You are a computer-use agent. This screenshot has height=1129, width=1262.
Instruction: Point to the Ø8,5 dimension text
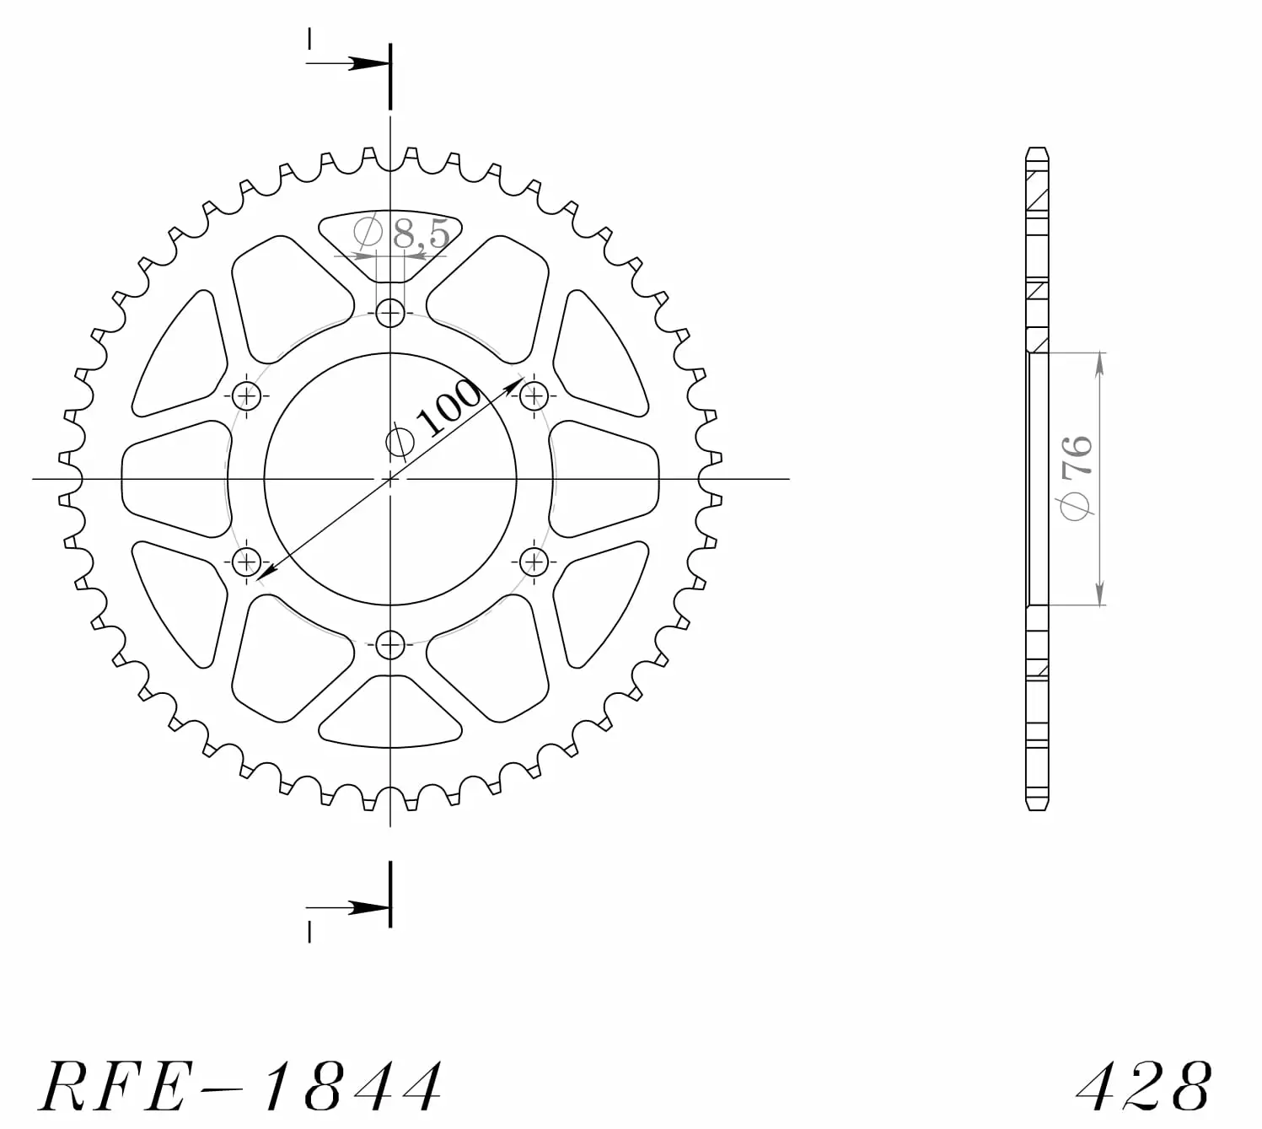[x=402, y=233]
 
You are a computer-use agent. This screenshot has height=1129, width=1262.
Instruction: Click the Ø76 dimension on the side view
[x=1077, y=478]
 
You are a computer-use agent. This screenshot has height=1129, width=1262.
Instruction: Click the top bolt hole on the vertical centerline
[x=390, y=313]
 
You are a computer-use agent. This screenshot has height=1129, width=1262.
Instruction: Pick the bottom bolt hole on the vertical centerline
[x=390, y=645]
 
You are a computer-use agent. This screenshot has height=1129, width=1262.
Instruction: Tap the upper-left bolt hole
[x=247, y=395]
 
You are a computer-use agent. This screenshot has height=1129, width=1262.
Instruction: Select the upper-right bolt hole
[x=534, y=395]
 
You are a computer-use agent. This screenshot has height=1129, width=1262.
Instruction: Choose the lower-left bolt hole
[x=247, y=562]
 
